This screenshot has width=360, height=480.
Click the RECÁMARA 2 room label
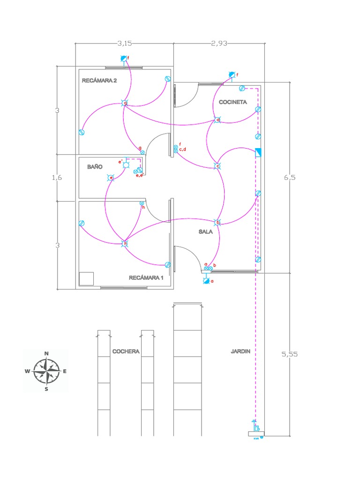tap(99, 81)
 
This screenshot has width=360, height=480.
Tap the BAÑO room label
tap(94, 166)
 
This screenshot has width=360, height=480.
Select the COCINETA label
tap(233, 102)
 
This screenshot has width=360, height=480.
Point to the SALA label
tap(206, 232)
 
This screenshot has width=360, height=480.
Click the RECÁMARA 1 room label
tap(146, 277)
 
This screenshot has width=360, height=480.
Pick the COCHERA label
tap(126, 351)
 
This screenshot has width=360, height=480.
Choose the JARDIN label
tap(241, 351)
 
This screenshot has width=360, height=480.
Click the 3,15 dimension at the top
tap(124, 43)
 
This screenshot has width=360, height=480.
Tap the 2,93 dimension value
tap(219, 43)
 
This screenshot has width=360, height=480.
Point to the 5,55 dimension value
tap(290, 354)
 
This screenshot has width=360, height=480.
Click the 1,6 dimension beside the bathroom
tap(57, 178)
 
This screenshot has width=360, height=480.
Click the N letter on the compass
tap(46, 353)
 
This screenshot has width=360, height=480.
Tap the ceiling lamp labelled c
tap(217, 166)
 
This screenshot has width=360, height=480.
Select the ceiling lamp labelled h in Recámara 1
tap(125, 244)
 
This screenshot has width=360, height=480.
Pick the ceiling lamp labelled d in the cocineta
tap(217, 120)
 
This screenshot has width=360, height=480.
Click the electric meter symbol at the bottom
tap(256, 428)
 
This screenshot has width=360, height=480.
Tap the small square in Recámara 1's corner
tap(86, 278)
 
